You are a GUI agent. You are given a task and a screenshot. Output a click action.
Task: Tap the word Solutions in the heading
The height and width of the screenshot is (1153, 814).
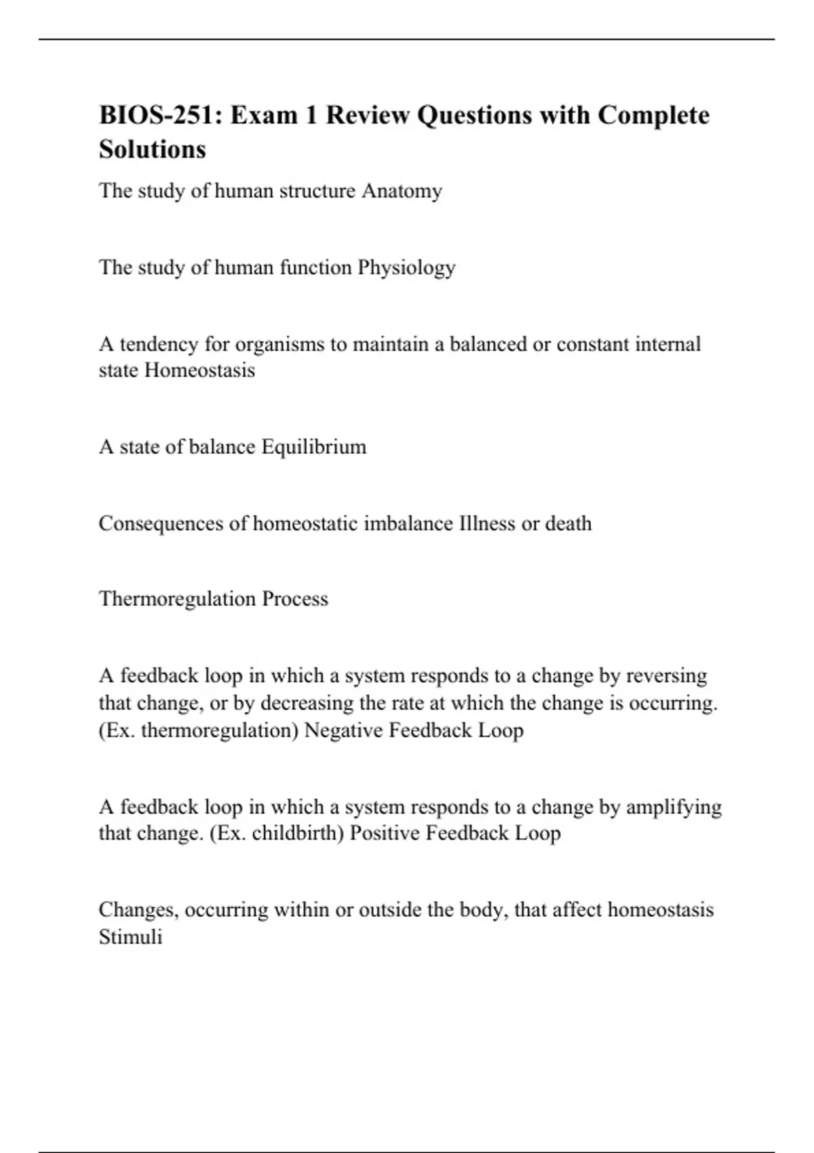[x=152, y=149]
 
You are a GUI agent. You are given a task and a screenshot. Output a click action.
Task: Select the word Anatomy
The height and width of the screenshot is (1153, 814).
[x=402, y=191]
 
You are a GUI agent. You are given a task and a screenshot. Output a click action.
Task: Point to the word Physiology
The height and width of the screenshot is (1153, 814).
[x=406, y=268]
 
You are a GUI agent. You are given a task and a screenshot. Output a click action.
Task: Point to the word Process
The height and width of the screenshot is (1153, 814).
[x=295, y=599]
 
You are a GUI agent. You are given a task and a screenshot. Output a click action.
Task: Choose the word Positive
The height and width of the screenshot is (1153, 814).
[x=385, y=833]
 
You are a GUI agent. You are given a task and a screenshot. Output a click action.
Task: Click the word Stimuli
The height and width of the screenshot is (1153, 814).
[x=130, y=937]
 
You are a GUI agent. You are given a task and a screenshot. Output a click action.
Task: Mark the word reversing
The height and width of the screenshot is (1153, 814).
[x=666, y=676]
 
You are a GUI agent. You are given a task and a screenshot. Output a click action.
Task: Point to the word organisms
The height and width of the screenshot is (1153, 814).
[x=279, y=345]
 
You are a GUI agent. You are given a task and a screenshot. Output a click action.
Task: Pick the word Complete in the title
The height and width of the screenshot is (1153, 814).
[x=653, y=115]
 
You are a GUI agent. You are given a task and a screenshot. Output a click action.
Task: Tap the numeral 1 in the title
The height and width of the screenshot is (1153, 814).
[x=311, y=115]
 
